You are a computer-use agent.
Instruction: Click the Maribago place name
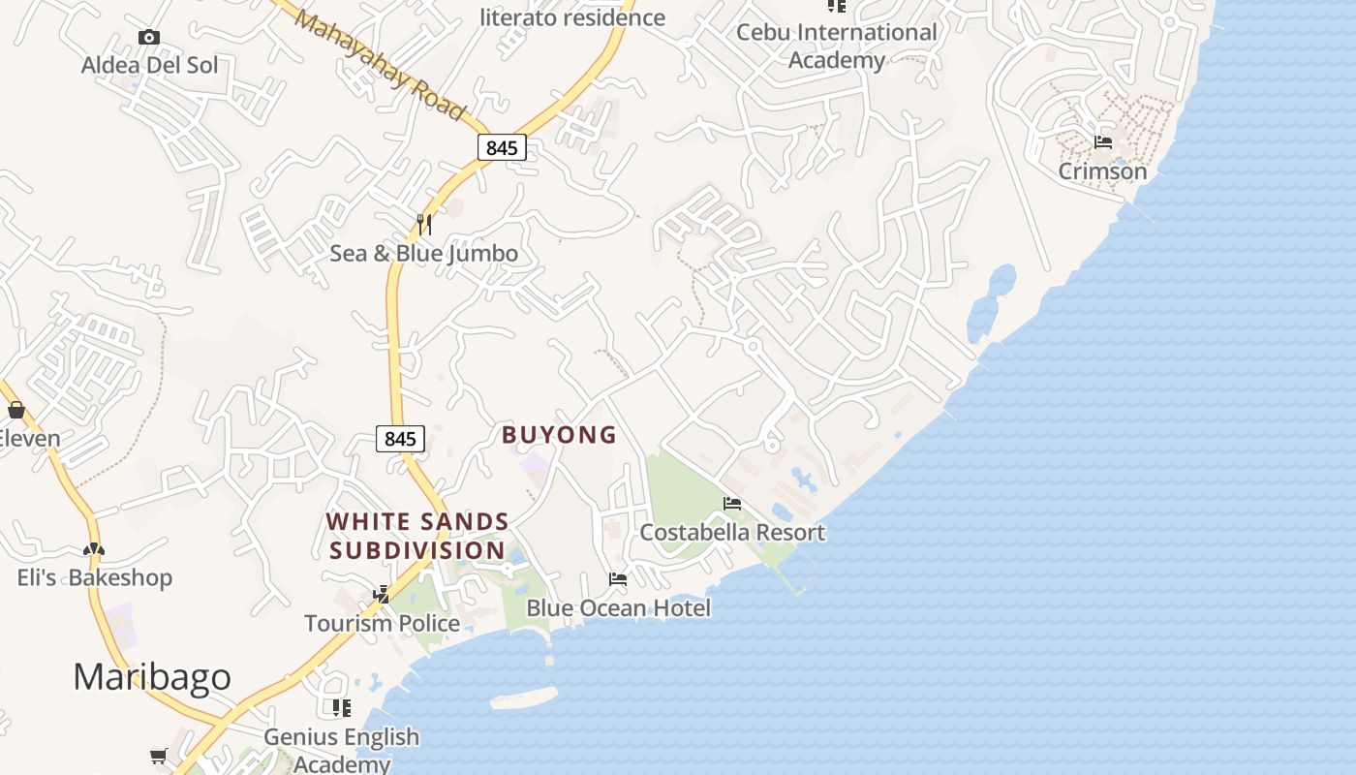pos(152,676)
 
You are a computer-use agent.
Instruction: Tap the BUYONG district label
pos(559,435)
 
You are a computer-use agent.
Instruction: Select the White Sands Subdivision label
pos(416,536)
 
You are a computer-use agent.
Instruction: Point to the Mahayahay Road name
pos(381,64)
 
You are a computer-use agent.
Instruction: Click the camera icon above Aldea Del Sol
pos(148,38)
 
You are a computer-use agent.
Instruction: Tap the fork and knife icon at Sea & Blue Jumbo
pos(423,225)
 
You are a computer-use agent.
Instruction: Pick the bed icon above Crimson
pos(1102,142)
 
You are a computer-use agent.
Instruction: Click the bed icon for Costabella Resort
pos(732,504)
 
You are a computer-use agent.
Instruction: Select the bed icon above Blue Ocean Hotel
pos(617,579)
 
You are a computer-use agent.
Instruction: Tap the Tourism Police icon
pos(382,594)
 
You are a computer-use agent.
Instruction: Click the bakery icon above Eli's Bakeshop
pos(93,549)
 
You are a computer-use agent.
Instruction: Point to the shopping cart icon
pos(159,755)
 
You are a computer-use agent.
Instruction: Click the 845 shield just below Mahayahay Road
pos(502,147)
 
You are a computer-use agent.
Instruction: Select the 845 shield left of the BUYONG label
pos(400,439)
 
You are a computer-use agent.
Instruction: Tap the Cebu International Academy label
pos(837,46)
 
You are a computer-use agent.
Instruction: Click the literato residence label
pos(572,17)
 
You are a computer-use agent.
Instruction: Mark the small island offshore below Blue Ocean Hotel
pos(524,697)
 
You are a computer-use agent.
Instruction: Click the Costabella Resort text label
pos(732,532)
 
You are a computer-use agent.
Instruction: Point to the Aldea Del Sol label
pos(149,66)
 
